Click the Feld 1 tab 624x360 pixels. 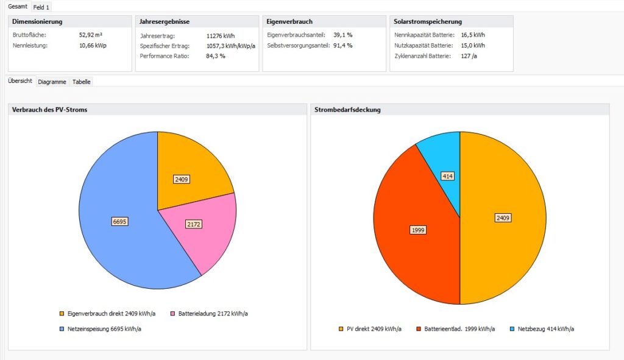41,7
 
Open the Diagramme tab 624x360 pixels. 52,81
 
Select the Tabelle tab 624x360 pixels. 82,81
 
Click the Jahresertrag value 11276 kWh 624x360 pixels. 221,36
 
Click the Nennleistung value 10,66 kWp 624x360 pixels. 93,45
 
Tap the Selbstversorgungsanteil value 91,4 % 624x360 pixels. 343,45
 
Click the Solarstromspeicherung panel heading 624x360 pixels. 428,21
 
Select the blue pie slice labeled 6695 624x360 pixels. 119,222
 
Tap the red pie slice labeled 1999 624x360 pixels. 418,230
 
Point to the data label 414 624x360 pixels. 448,176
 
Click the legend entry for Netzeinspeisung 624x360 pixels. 102,329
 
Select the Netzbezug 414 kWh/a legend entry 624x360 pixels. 545,329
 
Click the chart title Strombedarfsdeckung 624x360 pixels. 348,110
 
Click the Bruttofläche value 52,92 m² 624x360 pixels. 91,35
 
